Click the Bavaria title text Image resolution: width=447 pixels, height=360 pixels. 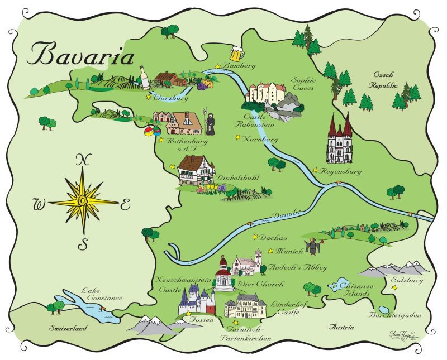82,55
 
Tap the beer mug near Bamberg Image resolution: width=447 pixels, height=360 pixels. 237,54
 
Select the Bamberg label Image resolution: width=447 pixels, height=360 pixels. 239,66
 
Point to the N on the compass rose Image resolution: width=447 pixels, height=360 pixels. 83,160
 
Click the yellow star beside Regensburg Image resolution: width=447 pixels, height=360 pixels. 316,170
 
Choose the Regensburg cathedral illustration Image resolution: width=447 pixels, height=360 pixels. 340,139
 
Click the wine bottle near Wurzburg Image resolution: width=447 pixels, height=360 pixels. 145,79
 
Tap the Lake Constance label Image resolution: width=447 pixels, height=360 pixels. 101,294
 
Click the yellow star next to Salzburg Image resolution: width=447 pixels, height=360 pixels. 394,288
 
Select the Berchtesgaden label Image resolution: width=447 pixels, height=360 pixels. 394,316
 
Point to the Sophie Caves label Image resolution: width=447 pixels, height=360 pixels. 303,84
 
